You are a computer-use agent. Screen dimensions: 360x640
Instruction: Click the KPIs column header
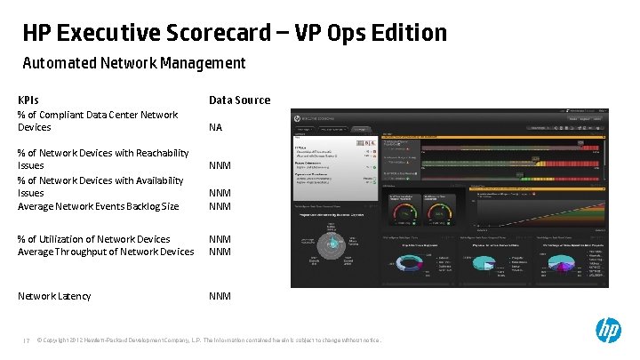(28, 100)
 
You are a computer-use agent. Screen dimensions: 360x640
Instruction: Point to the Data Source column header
(239, 100)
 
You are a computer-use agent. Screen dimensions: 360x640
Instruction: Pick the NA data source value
(215, 127)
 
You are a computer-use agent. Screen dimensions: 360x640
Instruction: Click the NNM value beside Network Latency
(220, 296)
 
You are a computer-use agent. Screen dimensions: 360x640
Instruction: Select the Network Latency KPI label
(54, 296)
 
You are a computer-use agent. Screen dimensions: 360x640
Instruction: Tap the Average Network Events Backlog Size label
(98, 206)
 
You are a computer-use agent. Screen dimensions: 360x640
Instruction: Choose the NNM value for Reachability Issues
(220, 165)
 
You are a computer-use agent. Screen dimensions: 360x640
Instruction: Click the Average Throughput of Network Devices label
(106, 252)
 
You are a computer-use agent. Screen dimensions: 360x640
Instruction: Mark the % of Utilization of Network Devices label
(93, 239)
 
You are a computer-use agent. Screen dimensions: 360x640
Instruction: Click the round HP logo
(608, 331)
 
